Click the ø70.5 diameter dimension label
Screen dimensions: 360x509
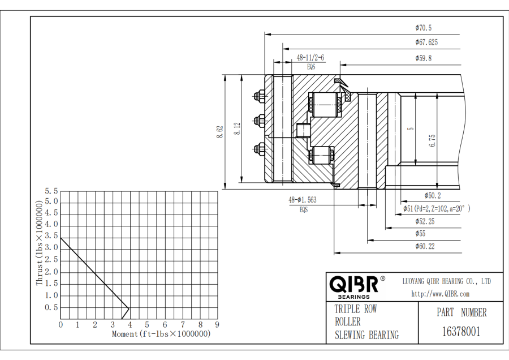pos(423,28)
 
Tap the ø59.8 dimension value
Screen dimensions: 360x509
pos(423,58)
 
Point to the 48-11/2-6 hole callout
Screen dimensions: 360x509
pos(311,58)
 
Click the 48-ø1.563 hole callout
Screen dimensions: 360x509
pos(303,200)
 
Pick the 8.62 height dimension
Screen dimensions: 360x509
pos(219,132)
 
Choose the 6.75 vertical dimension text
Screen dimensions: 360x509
pos(432,140)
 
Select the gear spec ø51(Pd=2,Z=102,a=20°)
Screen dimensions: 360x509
pos(437,209)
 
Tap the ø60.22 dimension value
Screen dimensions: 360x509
pos(425,246)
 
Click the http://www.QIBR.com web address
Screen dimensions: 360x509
pos(440,294)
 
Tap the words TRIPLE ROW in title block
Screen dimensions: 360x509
pos(356,309)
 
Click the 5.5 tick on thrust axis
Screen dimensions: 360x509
pos(52,191)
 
